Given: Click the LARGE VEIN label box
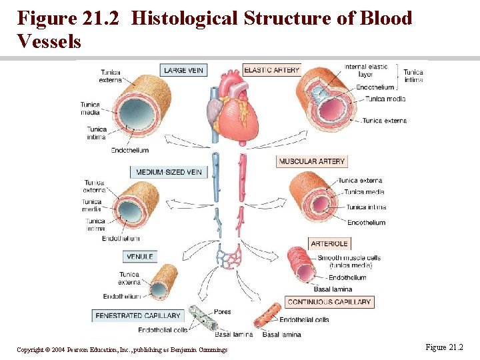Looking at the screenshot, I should click(183, 70).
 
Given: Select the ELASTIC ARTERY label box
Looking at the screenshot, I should click(272, 70).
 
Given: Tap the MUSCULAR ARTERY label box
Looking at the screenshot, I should click(312, 161).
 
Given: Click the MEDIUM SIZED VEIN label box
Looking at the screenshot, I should click(169, 172).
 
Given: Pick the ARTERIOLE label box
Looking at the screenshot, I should click(329, 243).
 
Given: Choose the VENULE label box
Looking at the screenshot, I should click(140, 257).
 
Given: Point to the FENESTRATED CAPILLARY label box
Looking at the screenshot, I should click(138, 315).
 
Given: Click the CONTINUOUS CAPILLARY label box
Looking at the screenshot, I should click(329, 302).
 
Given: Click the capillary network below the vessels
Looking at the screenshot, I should click(232, 257).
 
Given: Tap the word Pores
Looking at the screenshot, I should click(223, 311).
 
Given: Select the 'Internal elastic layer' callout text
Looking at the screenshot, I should click(365, 71).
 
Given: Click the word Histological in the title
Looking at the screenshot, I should click(186, 18).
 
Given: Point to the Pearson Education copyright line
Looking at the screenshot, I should click(122, 349).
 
